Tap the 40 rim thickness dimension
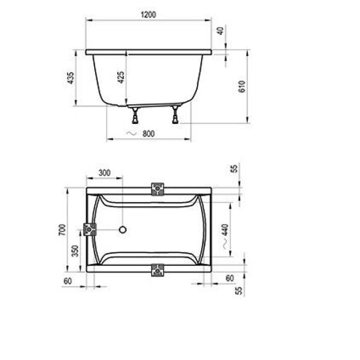point(221,30)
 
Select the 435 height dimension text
point(71,78)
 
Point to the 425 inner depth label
point(121,77)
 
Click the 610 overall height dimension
point(242,86)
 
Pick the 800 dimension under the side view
point(148,134)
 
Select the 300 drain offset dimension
point(104,173)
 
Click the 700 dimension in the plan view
point(62,230)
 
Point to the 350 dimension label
point(76,251)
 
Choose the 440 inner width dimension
point(225,231)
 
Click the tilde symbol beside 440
point(225,246)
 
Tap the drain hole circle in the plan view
point(123,229)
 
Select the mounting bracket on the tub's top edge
point(157,189)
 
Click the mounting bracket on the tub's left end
point(90,229)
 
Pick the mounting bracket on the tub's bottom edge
point(157,269)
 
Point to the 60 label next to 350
point(67,280)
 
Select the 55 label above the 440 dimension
point(235,169)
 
